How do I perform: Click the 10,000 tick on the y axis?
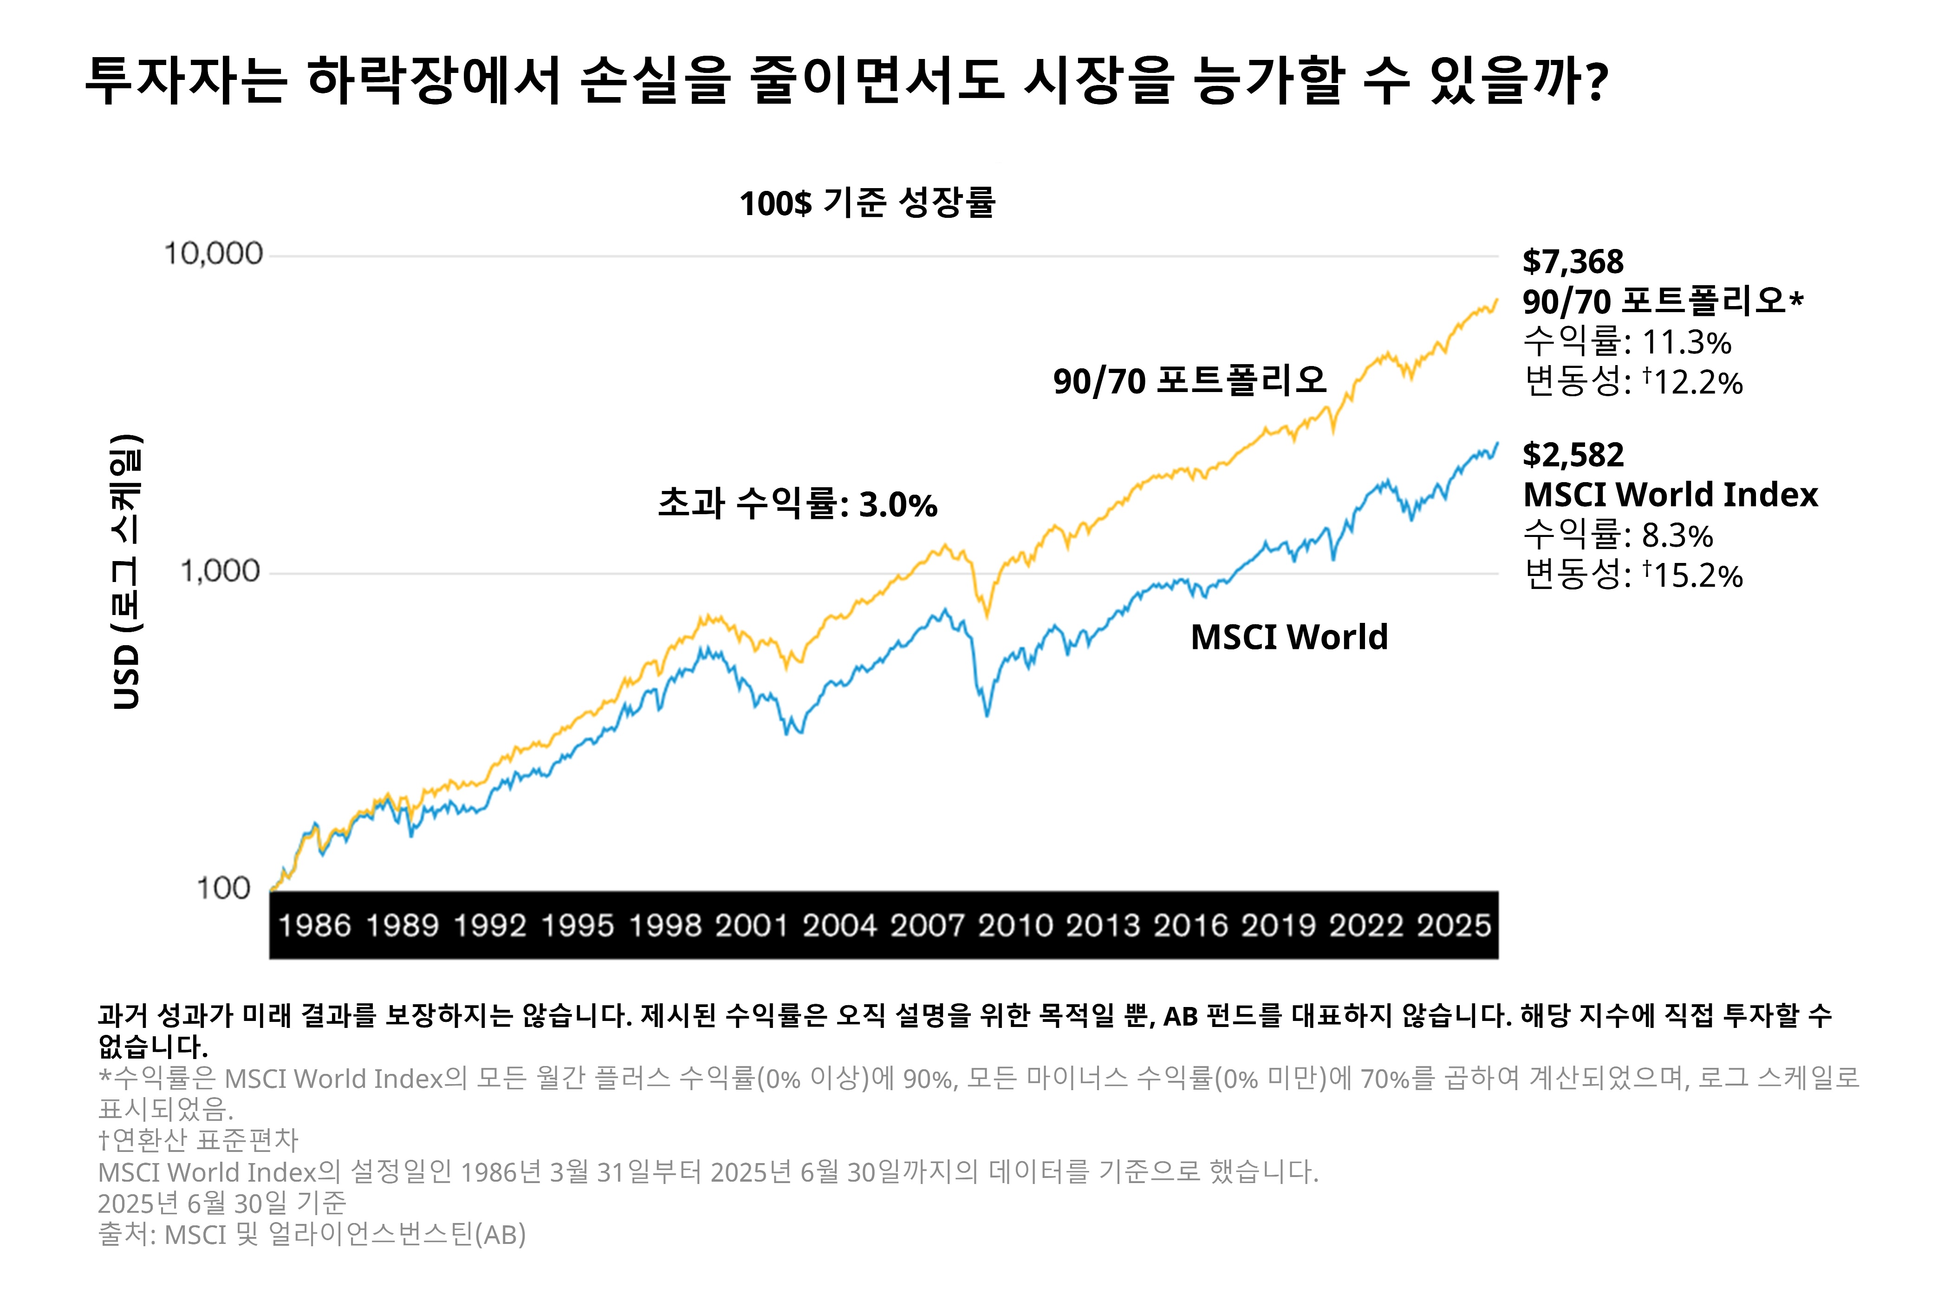[x=213, y=254]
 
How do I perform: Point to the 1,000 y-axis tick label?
[x=220, y=571]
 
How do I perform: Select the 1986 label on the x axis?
[x=314, y=926]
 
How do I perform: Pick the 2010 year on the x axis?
[x=1014, y=926]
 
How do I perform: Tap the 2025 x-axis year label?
[x=1454, y=926]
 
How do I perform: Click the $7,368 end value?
[x=1573, y=262]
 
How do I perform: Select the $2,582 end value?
[x=1573, y=455]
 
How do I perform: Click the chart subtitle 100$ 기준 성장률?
[x=867, y=203]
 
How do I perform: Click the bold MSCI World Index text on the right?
[x=1670, y=495]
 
